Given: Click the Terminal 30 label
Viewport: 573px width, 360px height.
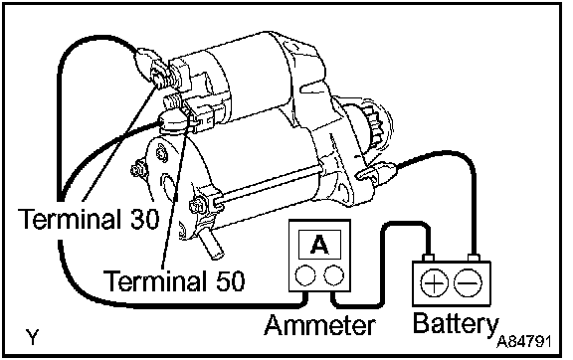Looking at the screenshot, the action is (89, 218).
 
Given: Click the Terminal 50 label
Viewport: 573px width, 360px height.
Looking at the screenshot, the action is (174, 280).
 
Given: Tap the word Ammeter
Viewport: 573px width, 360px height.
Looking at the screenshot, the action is (319, 325).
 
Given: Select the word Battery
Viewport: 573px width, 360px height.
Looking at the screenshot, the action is (456, 323).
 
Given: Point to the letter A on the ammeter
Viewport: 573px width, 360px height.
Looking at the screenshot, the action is (319, 244).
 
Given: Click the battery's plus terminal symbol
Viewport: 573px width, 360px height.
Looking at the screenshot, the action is (434, 282).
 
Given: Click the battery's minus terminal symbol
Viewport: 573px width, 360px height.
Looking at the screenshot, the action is (468, 282).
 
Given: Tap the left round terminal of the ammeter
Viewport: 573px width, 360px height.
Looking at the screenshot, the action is (305, 275).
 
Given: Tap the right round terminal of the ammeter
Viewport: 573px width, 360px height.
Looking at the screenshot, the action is (333, 275).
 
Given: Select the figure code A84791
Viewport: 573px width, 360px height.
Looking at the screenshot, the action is (523, 342).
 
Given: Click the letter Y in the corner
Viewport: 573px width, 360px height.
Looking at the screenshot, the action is (33, 337).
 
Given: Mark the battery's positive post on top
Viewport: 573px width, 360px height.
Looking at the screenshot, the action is (428, 258).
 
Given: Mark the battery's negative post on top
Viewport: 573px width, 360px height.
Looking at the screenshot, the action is (474, 258).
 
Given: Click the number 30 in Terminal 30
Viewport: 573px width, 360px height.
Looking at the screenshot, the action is (144, 218).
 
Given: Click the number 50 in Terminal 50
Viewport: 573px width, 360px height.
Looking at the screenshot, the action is (230, 280).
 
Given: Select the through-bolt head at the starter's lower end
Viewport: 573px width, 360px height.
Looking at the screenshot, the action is (197, 207).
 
